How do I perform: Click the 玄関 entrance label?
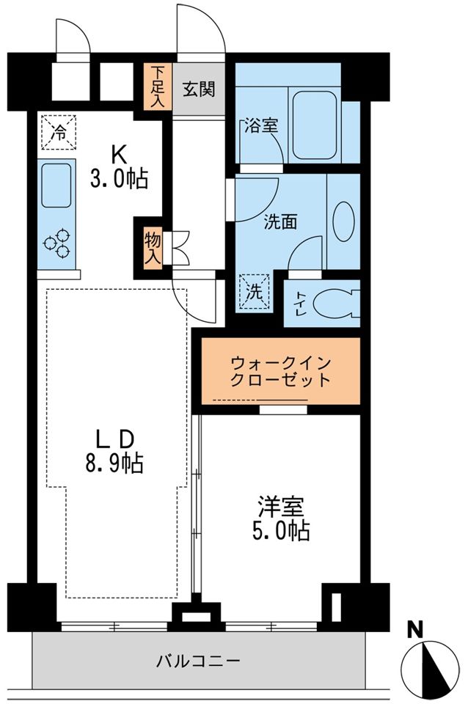199,90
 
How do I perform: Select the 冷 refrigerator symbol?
57,132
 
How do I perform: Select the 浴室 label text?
261,125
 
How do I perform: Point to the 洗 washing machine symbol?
255,292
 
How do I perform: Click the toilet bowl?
337,302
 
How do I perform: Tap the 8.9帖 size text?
116,463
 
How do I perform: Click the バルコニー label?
198,661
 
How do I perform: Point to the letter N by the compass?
416,628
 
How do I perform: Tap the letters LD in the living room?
114,439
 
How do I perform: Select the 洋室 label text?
280,506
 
